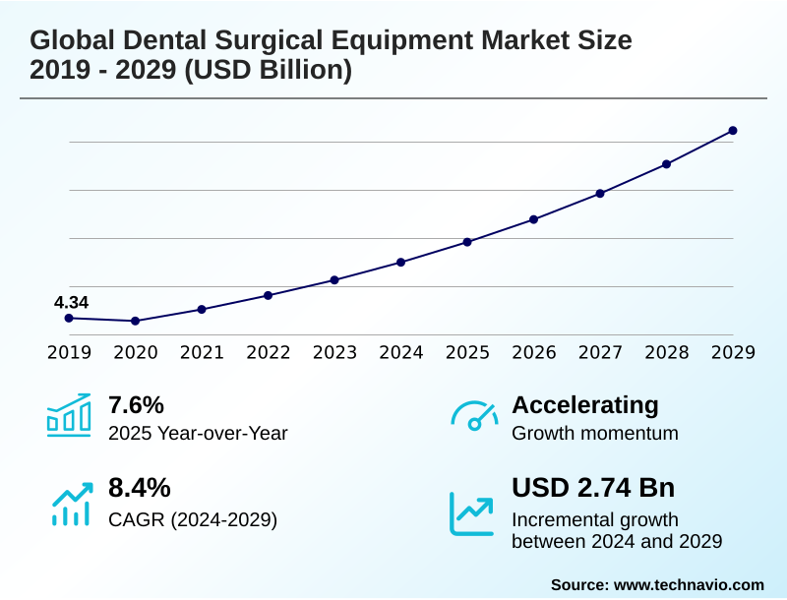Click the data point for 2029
point(733,131)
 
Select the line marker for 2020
point(136,321)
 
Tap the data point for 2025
point(467,242)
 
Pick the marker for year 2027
point(600,193)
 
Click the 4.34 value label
point(71,302)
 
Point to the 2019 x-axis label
point(69,352)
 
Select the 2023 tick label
point(334,352)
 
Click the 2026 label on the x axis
point(534,352)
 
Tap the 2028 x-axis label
point(667,352)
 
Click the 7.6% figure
point(136,405)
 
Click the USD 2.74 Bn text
point(593,488)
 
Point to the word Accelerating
point(585,405)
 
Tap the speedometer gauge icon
point(474,416)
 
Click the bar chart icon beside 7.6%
point(69,416)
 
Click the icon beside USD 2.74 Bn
point(472,512)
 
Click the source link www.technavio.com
point(689,584)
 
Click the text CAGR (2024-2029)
point(193,519)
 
